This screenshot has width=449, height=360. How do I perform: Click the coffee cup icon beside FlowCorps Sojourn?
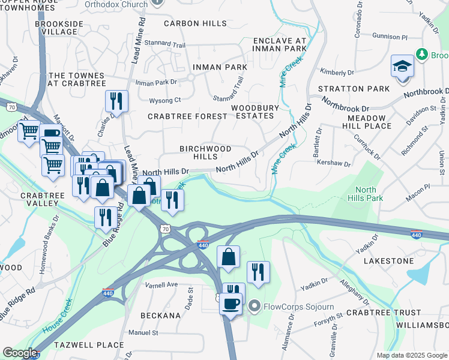pyautogui.click(x=231, y=304)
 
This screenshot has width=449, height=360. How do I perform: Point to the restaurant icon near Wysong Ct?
pyautogui.click(x=116, y=100)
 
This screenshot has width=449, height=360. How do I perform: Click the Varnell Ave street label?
pyautogui.click(x=162, y=284)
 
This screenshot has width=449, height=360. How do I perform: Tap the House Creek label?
pyautogui.click(x=58, y=317)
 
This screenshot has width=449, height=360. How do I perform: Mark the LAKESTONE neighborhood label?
pyautogui.click(x=388, y=261)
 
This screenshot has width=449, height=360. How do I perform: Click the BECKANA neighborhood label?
pyautogui.click(x=160, y=315)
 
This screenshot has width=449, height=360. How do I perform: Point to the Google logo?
pyautogui.click(x=20, y=353)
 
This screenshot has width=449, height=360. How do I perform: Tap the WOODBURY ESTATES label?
pyautogui.click(x=256, y=112)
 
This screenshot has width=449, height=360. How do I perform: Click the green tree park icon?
pyautogui.click(x=422, y=55)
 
